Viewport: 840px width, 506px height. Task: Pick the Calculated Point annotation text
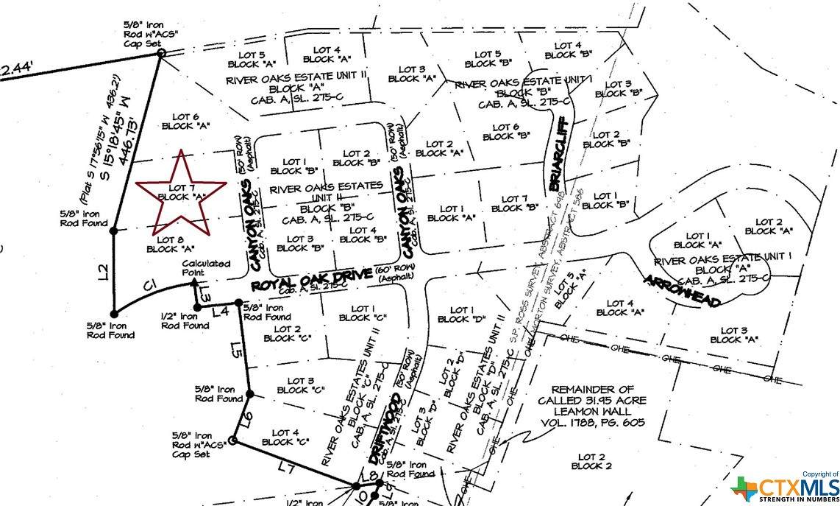[x=206, y=267]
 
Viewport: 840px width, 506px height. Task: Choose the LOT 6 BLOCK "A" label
[x=185, y=121]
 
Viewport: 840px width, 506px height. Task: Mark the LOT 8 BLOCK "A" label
[x=170, y=244]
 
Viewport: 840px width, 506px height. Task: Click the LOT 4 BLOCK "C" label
[x=285, y=438]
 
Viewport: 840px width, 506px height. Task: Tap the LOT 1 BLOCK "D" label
[x=462, y=315]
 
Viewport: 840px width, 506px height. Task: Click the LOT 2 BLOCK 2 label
[x=590, y=462]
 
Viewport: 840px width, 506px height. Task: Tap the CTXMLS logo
[x=786, y=488]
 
